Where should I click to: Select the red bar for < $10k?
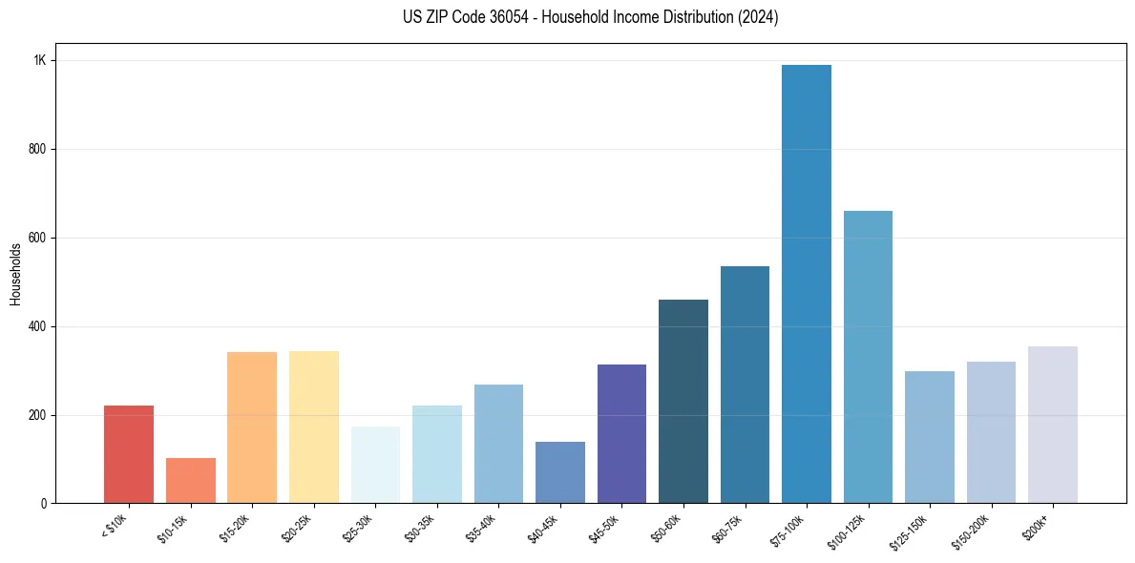(x=129, y=454)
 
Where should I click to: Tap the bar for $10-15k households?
(x=191, y=481)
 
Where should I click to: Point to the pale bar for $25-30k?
(x=375, y=465)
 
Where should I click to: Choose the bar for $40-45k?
(x=560, y=472)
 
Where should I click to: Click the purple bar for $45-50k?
(x=621, y=434)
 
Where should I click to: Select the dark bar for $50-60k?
(x=683, y=402)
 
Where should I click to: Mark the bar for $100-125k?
(x=868, y=357)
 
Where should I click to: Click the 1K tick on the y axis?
(x=40, y=61)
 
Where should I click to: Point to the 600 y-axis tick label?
(x=38, y=238)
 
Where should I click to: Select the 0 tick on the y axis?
(x=44, y=504)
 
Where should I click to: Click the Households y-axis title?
(x=16, y=274)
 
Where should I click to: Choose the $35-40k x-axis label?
(x=480, y=527)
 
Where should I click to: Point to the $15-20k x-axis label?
(x=234, y=527)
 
